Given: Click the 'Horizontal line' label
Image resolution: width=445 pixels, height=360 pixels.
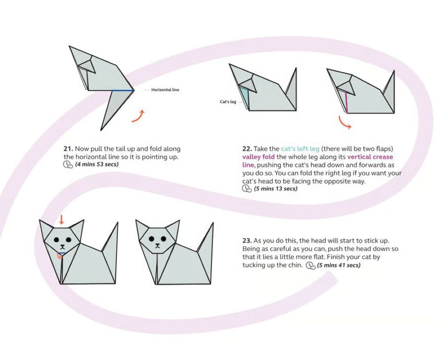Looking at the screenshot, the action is pyautogui.click(x=165, y=89).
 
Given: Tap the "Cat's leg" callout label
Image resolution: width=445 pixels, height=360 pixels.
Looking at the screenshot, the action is pyautogui.click(x=228, y=101).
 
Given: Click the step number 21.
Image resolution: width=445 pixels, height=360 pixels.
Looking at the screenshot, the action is pyautogui.click(x=69, y=149).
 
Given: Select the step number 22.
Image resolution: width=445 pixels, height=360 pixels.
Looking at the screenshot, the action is pyautogui.click(x=247, y=149).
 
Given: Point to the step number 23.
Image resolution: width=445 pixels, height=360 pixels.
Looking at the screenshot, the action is pyautogui.click(x=247, y=241).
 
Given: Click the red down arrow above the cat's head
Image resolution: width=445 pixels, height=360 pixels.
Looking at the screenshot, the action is pyautogui.click(x=61, y=219).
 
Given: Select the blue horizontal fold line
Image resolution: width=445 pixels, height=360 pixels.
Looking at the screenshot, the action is pyautogui.click(x=122, y=90).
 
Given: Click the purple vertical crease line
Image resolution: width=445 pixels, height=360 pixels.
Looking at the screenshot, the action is pyautogui.click(x=346, y=102).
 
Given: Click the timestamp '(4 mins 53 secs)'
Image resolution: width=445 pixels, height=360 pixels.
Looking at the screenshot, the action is pyautogui.click(x=97, y=164).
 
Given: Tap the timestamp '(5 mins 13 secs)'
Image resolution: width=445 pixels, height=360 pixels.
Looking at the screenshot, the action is pyautogui.click(x=275, y=189).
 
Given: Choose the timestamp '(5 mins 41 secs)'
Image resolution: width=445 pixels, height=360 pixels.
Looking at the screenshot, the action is pyautogui.click(x=339, y=265).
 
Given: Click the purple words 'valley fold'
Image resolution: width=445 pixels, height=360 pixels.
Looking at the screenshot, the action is pyautogui.click(x=258, y=157).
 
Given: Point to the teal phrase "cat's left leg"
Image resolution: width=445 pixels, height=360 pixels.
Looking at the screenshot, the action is pyautogui.click(x=300, y=149).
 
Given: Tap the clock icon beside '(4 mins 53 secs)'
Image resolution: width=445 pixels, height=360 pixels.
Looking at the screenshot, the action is pyautogui.click(x=68, y=165).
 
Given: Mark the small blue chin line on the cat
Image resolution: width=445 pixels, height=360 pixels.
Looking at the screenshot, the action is pyautogui.click(x=62, y=253).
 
